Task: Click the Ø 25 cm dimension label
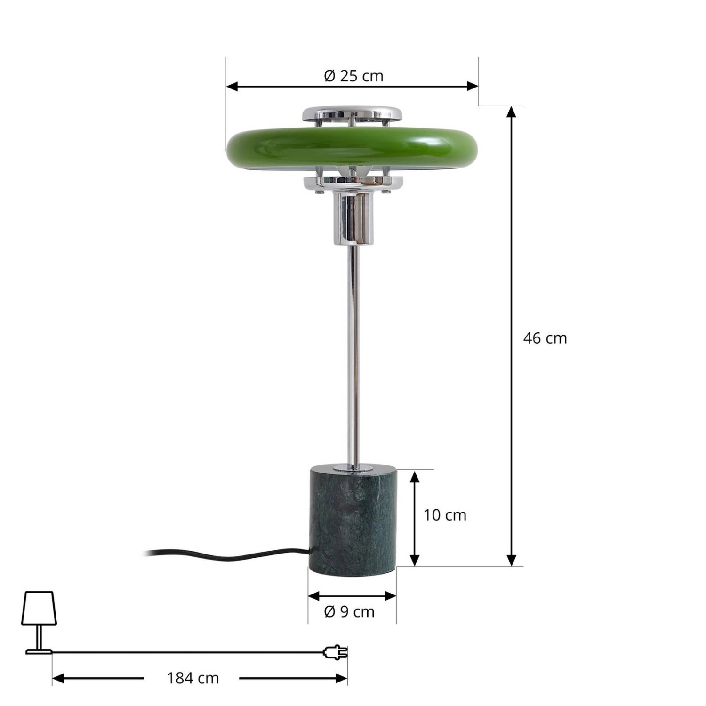[x=353, y=76]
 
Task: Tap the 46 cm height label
[x=545, y=338]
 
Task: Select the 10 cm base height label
[x=444, y=515]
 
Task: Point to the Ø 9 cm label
[x=349, y=611]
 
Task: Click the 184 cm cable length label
[x=193, y=678]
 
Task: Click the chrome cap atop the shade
[x=352, y=112]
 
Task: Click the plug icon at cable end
[x=335, y=652]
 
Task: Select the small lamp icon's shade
[x=39, y=608]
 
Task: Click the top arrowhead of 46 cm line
[x=512, y=112]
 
